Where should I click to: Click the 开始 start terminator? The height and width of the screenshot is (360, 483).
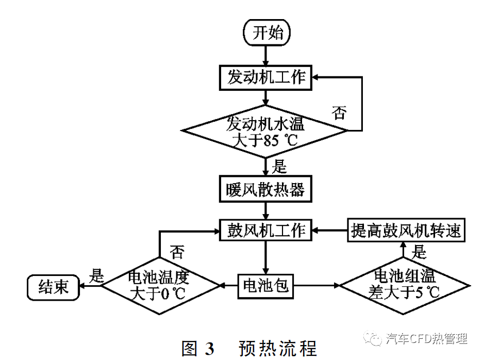pyautogui.click(x=267, y=33)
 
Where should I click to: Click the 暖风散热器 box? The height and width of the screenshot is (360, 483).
pyautogui.click(x=266, y=189)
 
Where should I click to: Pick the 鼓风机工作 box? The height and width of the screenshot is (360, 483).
pyautogui.click(x=266, y=230)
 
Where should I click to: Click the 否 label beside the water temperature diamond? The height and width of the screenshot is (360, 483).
pyautogui.click(x=339, y=113)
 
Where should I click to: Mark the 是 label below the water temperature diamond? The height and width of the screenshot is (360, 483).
pyautogui.click(x=279, y=166)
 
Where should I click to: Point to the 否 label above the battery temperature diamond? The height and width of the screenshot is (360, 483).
pyautogui.click(x=177, y=252)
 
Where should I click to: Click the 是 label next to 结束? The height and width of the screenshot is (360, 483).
pyautogui.click(x=96, y=275)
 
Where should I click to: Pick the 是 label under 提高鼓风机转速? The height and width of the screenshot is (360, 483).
pyautogui.click(x=420, y=252)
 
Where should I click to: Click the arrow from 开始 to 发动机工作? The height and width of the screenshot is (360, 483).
pyautogui.click(x=266, y=55)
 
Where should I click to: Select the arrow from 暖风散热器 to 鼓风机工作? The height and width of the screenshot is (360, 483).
pyautogui.click(x=266, y=209)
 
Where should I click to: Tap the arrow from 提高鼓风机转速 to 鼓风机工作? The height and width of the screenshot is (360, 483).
pyautogui.click(x=330, y=230)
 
